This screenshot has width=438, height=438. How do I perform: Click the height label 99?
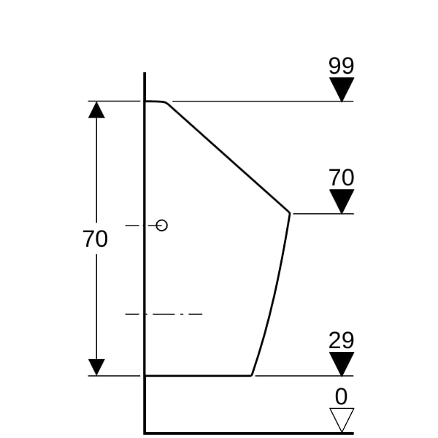coord(341,66)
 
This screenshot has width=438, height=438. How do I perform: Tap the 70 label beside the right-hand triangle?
coord(341,177)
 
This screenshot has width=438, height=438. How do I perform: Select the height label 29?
coord(341,340)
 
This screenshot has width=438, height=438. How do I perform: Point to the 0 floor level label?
coord(341,396)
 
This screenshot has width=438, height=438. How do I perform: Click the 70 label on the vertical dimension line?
coord(95,239)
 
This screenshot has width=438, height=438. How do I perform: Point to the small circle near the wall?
coord(162,225)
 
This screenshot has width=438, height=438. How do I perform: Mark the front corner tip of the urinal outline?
coord(290,213)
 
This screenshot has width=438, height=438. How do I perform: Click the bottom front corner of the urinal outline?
coord(251,376)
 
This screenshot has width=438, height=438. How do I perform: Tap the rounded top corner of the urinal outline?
coord(166,102)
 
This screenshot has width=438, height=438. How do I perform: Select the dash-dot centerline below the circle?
coord(164,314)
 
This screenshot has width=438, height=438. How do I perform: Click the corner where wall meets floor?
coord(145,433)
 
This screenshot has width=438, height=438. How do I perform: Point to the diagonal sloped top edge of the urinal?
coord(228,158)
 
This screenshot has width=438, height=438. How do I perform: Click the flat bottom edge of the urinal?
coord(199,376)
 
